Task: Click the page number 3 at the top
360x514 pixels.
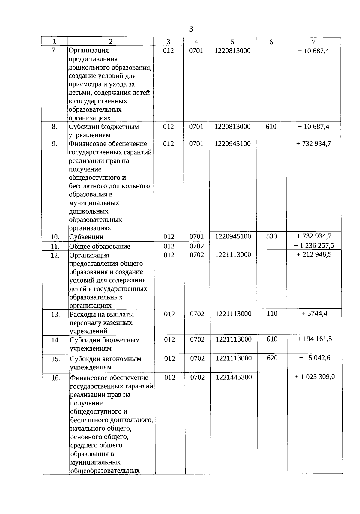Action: (191, 29)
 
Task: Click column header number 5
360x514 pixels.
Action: (232, 42)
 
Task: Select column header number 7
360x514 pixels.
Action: (313, 42)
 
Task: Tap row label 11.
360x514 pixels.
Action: (55, 247)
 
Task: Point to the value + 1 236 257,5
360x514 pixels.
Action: (314, 246)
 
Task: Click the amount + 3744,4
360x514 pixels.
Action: (314, 313)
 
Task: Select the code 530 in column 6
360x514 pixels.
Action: (271, 236)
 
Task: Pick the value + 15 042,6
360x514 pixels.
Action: (315, 358)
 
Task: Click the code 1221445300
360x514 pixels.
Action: (234, 377)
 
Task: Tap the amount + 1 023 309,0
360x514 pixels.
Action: (315, 377)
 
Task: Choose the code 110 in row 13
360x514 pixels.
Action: (272, 314)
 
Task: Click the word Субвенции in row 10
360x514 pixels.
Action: (86, 237)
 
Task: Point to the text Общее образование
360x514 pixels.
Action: (100, 247)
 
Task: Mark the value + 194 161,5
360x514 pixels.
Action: (315, 339)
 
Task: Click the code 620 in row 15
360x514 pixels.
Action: (272, 358)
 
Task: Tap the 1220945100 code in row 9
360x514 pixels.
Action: (232, 144)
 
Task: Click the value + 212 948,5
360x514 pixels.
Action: (314, 254)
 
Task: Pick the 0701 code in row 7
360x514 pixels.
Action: (196, 51)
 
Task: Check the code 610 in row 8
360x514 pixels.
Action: (271, 127)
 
